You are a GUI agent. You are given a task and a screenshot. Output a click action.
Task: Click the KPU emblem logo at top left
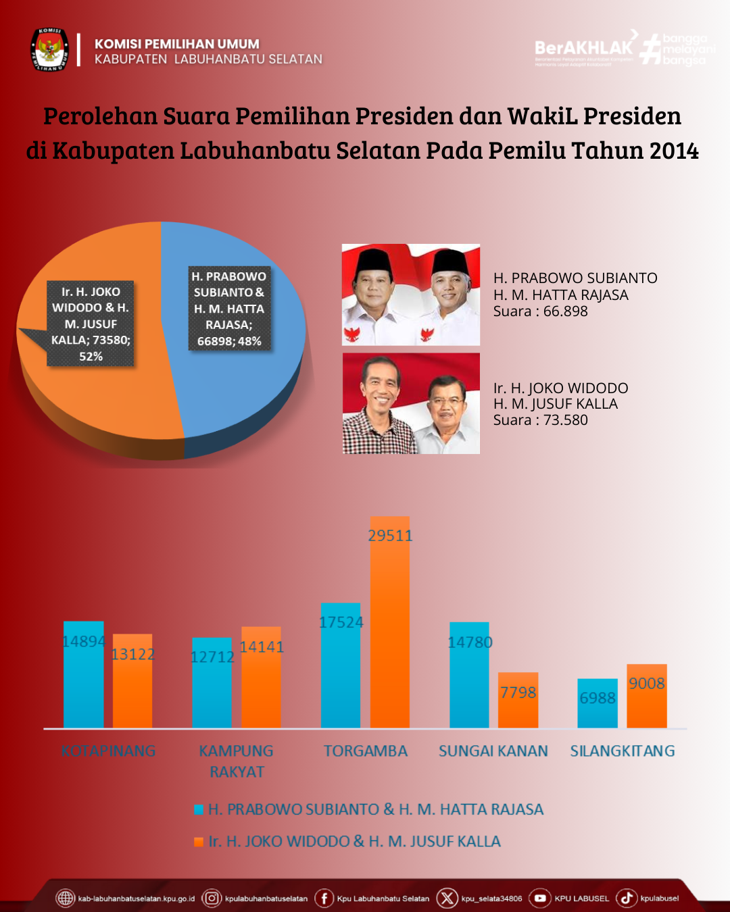click(x=49, y=50)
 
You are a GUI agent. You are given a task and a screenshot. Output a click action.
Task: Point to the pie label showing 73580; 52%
click(x=91, y=324)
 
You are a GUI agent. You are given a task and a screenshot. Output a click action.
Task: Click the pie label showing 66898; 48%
click(x=229, y=309)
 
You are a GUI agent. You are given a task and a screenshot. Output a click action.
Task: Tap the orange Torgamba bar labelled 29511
click(x=390, y=628)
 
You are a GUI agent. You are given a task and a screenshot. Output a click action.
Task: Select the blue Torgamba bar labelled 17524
click(x=341, y=669)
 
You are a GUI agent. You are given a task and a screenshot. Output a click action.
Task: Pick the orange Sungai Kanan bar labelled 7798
click(x=518, y=703)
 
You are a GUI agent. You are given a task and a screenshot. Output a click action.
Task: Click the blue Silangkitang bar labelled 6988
click(x=598, y=706)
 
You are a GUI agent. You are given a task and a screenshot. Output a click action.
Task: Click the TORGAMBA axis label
click(x=366, y=751)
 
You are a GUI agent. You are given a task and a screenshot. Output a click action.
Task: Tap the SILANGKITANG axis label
click(x=623, y=751)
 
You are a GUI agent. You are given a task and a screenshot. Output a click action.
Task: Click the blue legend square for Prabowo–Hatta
click(x=199, y=809)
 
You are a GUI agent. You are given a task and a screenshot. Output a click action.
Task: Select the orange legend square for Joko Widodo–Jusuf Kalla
click(x=199, y=842)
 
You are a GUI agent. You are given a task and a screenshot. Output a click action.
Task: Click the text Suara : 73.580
click(x=541, y=420)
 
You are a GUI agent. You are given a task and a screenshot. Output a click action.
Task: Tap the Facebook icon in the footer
click(x=324, y=898)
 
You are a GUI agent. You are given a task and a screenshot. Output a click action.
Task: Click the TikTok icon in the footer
click(x=626, y=898)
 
